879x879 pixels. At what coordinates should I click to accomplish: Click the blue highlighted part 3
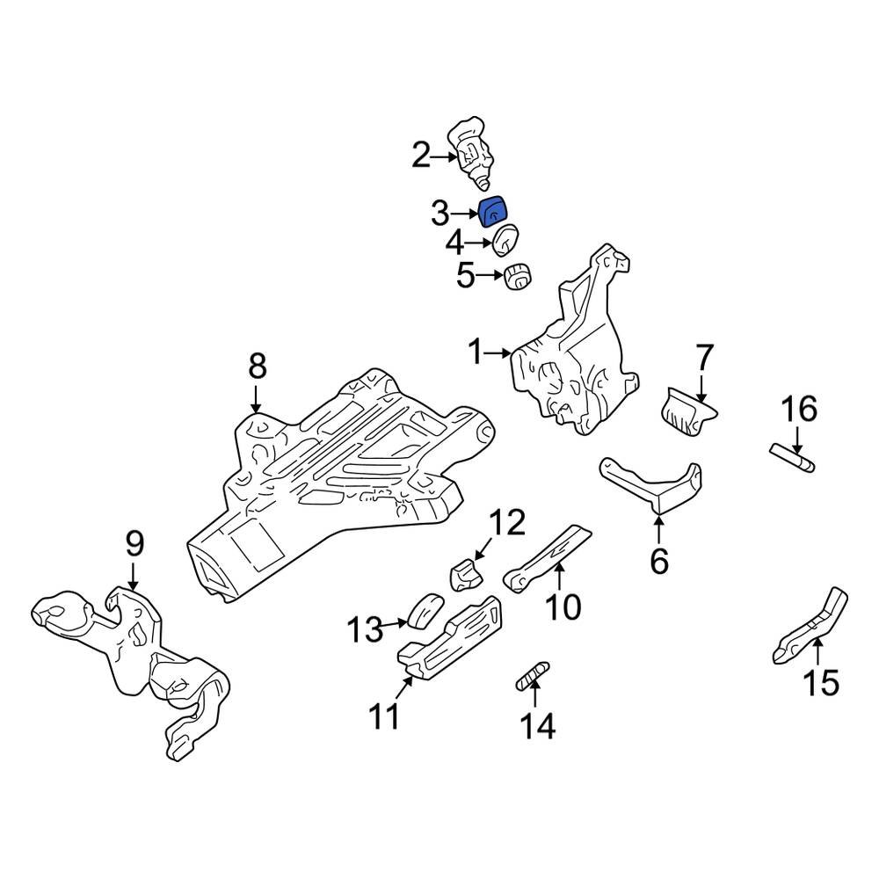coord(493,213)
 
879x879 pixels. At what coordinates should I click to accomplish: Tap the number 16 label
coord(800,410)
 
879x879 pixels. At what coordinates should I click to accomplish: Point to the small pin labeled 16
coord(793,456)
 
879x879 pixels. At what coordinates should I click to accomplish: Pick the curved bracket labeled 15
coord(810,626)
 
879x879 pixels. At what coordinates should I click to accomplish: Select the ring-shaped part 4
coord(506,241)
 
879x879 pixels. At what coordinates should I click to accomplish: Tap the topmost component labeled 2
coord(471,151)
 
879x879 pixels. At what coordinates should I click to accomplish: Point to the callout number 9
coord(134,545)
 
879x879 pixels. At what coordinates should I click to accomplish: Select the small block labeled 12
coord(469,576)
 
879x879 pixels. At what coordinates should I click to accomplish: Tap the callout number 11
coord(383,717)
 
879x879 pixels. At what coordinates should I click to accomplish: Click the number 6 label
coord(659,560)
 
